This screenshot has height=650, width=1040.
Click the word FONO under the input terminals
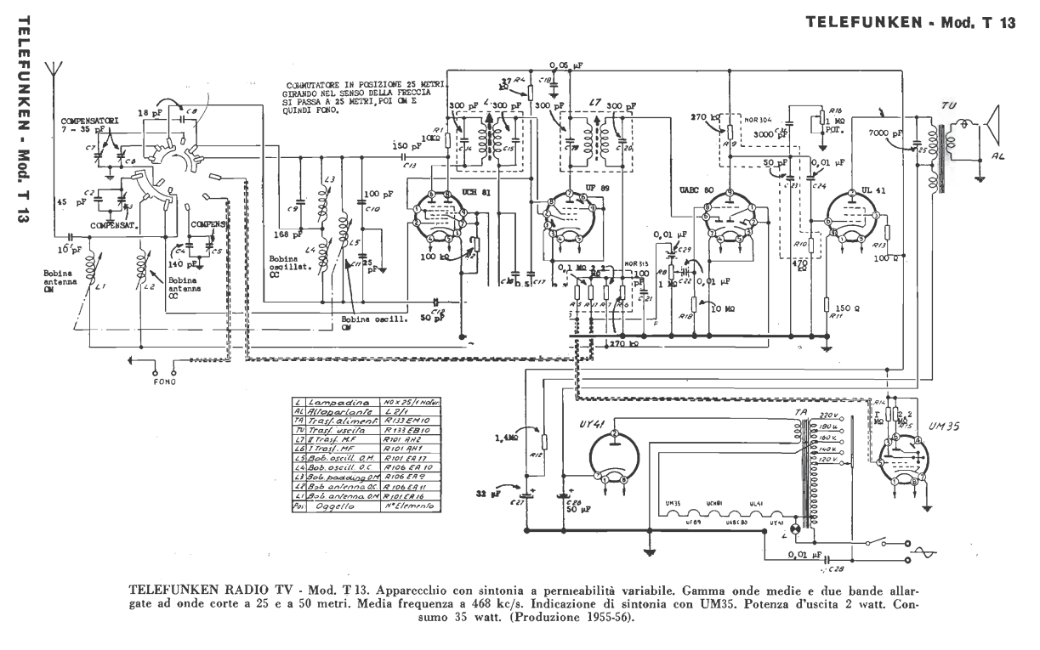click(165, 382)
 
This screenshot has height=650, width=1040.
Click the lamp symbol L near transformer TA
click(796, 528)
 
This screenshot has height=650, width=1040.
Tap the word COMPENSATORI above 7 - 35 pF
click(88, 121)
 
